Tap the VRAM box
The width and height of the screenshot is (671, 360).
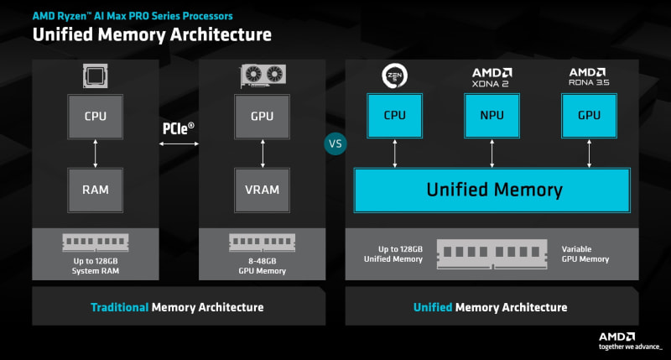(260, 190)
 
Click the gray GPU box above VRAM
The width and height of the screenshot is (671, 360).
(260, 117)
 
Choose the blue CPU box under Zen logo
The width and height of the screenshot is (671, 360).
(394, 117)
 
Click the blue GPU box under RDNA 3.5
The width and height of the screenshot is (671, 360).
(589, 117)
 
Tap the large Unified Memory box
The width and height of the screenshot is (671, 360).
(492, 190)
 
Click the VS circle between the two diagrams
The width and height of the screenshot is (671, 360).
(335, 143)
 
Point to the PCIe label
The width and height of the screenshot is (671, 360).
(178, 128)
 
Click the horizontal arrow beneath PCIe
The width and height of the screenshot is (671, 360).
(178, 145)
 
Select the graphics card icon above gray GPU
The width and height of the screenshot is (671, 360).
(260, 77)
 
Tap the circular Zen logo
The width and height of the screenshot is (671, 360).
(394, 76)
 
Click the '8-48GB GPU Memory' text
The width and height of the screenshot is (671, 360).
(260, 267)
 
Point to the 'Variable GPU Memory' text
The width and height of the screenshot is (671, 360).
(587, 254)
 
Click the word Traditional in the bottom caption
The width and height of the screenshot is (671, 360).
(119, 307)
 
